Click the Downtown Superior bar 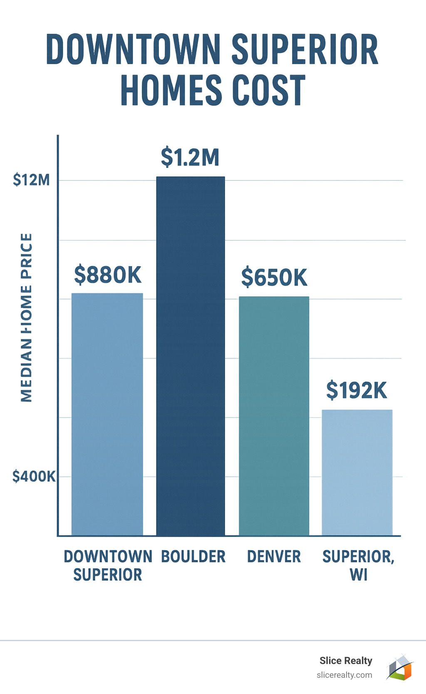point(107,414)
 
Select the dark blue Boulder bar point(191,356)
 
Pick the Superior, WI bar point(357,472)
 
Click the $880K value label point(108,275)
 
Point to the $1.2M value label point(190,157)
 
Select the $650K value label point(274,277)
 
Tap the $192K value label point(357,390)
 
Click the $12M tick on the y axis point(31,180)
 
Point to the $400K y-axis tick point(34,476)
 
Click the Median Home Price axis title point(26,317)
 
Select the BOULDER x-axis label point(193,557)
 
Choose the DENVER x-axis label point(274,557)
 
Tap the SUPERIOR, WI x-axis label point(358,565)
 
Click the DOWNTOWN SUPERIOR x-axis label point(108,565)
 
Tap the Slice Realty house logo point(400,667)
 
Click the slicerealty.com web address point(344,675)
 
